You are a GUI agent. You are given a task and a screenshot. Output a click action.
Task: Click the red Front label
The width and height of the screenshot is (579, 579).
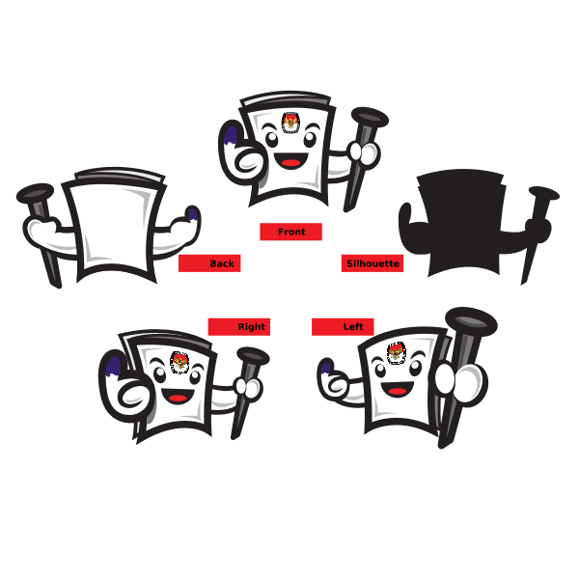(291, 232)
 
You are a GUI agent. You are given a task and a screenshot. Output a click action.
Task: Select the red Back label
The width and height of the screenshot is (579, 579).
(209, 263)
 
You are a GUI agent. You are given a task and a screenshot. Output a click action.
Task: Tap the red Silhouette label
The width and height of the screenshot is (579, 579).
(372, 263)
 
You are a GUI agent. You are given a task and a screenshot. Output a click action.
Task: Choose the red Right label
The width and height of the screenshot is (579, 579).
(239, 327)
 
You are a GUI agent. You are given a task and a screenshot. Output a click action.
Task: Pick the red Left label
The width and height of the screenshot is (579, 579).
(343, 327)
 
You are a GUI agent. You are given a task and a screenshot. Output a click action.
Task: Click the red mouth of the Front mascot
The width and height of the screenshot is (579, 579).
(290, 162)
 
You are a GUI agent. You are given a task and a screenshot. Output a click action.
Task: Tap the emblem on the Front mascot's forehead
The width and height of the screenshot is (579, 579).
(290, 123)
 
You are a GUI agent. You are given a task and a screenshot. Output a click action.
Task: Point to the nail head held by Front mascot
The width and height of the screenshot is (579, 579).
(370, 118)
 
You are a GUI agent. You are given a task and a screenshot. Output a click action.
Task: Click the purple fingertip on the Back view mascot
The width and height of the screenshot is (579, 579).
(192, 214)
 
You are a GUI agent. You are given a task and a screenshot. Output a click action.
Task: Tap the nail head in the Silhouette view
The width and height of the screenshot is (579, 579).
(544, 194)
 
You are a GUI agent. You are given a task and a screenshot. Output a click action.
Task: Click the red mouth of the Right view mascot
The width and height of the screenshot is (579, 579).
(178, 398)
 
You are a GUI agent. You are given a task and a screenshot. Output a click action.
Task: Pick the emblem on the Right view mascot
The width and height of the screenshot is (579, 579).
(179, 362)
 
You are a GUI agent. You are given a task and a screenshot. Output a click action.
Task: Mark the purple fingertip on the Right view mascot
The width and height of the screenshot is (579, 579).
(113, 367)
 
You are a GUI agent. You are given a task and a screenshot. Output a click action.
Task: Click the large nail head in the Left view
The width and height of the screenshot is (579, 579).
(471, 321)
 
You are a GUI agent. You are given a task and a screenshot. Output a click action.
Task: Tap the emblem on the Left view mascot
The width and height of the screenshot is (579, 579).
(397, 353)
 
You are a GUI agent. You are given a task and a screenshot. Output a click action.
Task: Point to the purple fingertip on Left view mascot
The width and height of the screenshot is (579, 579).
(325, 369)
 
